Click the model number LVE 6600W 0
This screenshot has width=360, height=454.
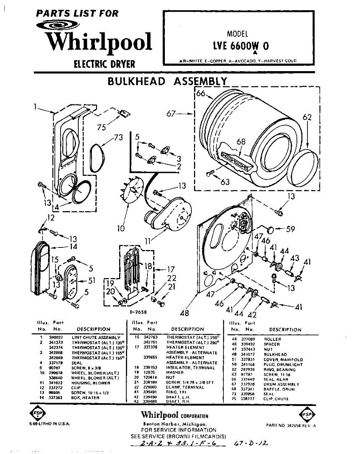[x=241, y=46]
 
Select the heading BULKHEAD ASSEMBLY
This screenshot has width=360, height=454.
[x=168, y=81]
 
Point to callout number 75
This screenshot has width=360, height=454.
[x=101, y=127]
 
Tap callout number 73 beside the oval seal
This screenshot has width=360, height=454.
[x=118, y=138]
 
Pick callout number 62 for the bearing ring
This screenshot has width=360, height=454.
[x=307, y=118]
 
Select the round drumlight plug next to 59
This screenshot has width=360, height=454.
[x=270, y=229]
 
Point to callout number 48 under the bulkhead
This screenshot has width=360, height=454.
[x=185, y=312]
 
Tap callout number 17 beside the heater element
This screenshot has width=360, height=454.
[x=171, y=269]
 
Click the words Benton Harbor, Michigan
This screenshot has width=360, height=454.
[x=175, y=424]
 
